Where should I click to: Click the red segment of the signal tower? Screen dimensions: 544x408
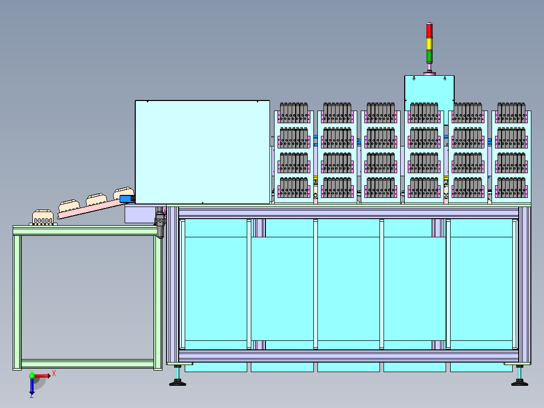click(x=429, y=31)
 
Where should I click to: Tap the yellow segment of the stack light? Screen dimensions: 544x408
click(x=429, y=44)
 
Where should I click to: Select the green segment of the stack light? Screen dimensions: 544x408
click(x=429, y=57)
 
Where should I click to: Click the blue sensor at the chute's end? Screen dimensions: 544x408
click(x=127, y=199)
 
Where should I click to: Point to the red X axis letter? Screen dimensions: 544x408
click(x=54, y=374)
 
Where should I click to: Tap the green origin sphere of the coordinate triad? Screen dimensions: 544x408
click(x=32, y=376)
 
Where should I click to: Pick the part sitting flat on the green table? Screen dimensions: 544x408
click(x=43, y=217)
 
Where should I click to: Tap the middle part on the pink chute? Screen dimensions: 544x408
click(x=96, y=199)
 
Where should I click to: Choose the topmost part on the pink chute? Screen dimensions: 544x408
click(x=124, y=193)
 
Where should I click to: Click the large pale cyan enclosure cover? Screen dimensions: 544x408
click(x=202, y=152)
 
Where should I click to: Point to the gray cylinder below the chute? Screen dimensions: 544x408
click(x=159, y=223)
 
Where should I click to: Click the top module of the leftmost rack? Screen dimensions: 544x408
click(x=294, y=113)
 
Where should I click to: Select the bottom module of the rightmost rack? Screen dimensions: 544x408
click(x=511, y=188)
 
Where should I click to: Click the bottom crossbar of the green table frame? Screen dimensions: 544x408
click(x=87, y=364)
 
